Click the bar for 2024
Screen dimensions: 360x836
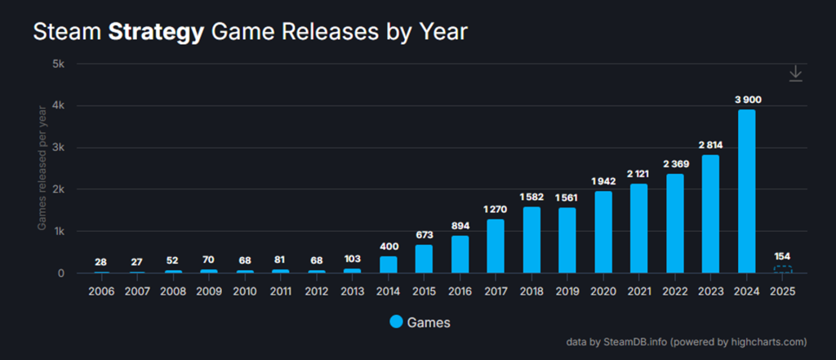click(x=747, y=191)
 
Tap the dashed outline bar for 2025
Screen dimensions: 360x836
click(x=783, y=269)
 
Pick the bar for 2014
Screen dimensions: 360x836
click(x=389, y=264)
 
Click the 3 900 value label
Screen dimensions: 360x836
click(x=747, y=100)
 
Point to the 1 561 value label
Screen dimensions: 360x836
click(x=567, y=198)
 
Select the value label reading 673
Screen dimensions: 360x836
click(x=425, y=235)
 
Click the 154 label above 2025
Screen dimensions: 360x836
click(x=783, y=256)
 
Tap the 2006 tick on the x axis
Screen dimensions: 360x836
click(x=101, y=291)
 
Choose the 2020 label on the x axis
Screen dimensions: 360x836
click(x=603, y=291)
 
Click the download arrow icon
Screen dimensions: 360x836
click(x=796, y=74)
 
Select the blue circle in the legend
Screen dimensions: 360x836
click(x=396, y=322)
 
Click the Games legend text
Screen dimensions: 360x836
click(x=429, y=322)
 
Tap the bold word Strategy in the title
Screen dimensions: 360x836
click(x=155, y=33)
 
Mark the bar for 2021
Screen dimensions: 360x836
click(x=639, y=228)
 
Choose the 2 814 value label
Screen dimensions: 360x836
click(x=711, y=145)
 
